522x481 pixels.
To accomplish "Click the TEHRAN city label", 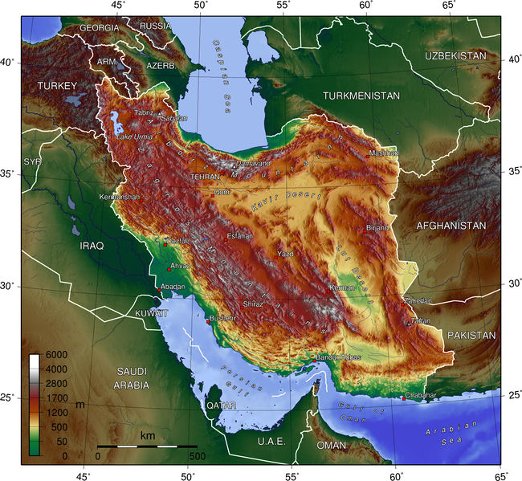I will click(206, 177).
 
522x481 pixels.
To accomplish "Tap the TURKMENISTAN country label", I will click(361, 96).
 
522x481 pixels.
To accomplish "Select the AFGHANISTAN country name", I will click(451, 226).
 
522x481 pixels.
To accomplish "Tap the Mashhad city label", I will click(383, 153).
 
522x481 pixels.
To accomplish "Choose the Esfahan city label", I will click(239, 236).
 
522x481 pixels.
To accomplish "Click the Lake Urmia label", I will click(134, 137).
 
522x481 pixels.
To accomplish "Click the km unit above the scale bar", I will click(148, 435).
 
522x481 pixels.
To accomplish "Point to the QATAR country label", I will click(221, 406).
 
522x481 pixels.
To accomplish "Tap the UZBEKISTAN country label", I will click(456, 55).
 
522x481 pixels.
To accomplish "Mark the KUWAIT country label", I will click(151, 312).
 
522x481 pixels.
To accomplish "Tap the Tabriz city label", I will click(144, 113).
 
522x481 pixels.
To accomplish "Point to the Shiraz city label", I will click(253, 304).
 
